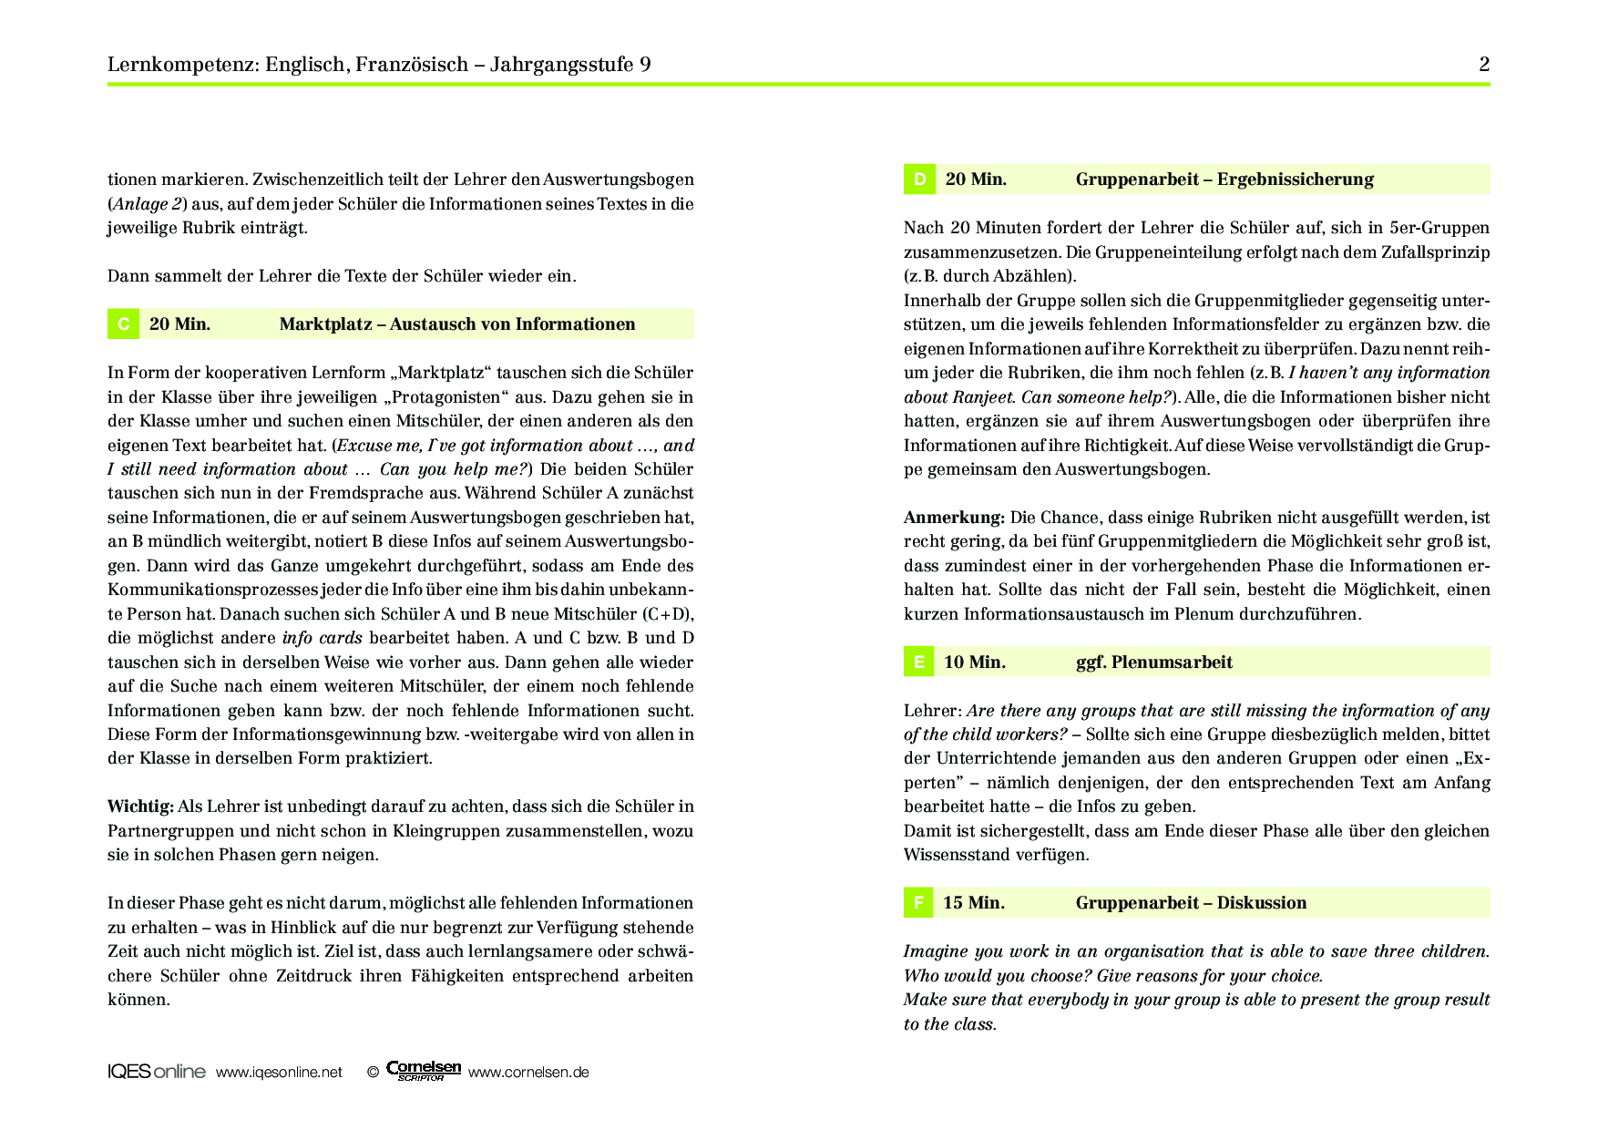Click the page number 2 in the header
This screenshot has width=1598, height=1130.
[1484, 64]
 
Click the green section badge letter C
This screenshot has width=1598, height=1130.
[123, 324]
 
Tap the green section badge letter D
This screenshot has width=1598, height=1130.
[919, 180]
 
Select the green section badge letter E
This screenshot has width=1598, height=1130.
[918, 663]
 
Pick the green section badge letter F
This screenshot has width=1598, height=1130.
[918, 903]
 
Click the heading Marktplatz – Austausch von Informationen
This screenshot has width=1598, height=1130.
[457, 324]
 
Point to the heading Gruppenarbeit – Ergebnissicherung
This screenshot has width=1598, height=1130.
[1224, 180]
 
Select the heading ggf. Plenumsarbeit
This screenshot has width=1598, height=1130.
[1153, 663]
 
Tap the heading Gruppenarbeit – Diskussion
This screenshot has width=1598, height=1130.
[1191, 903]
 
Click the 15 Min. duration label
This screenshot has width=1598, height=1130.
[974, 903]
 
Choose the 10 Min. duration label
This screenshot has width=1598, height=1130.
[975, 663]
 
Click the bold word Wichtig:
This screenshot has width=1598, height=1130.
[140, 806]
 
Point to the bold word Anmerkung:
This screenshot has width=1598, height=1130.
[954, 518]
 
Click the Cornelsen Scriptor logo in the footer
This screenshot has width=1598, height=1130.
[424, 1071]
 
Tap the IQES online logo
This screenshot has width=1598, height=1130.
[157, 1072]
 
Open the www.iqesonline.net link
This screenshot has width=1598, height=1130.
[279, 1073]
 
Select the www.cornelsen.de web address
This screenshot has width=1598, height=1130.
[528, 1073]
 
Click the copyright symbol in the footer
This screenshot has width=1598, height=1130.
[373, 1073]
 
